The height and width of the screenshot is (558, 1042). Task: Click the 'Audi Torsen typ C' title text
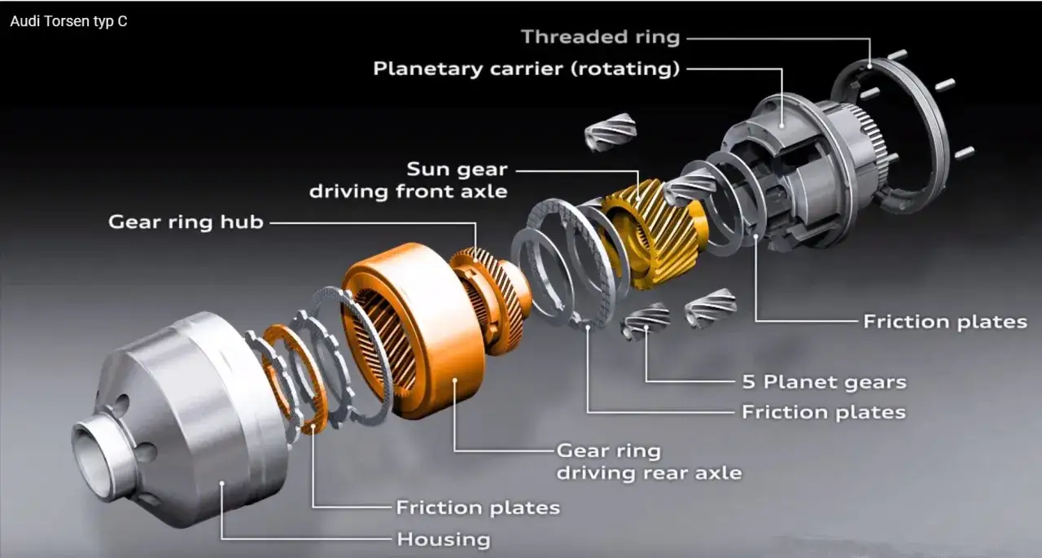[68, 21]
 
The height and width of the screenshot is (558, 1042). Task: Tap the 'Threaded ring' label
[600, 37]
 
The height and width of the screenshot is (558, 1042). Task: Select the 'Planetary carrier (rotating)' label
[526, 69]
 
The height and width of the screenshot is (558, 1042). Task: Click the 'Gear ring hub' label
[186, 222]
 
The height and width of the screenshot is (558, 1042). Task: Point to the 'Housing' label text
[444, 539]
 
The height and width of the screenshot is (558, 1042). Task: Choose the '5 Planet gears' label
[824, 382]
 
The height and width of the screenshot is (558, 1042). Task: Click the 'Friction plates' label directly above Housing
[478, 507]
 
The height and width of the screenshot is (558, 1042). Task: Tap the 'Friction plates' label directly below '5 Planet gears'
[823, 412]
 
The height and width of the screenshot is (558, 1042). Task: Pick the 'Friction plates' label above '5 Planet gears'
[945, 322]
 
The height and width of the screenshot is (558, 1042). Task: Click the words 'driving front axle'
[408, 191]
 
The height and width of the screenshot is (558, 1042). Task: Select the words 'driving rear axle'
[649, 472]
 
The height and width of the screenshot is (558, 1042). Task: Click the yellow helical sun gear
[656, 233]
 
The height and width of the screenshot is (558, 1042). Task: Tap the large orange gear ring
[414, 331]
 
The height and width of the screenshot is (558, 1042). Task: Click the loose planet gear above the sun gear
[611, 131]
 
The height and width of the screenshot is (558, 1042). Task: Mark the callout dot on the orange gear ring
[455, 380]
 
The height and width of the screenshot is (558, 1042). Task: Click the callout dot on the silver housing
[222, 484]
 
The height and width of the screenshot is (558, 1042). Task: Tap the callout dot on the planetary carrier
[782, 125]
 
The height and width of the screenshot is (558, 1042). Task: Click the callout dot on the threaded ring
[870, 67]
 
